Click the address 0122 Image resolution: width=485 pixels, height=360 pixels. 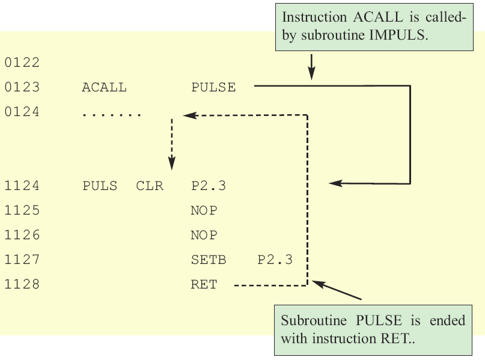pos(22,63)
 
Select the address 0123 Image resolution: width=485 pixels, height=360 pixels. pos(22,88)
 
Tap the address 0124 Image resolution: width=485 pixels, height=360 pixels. pos(22,112)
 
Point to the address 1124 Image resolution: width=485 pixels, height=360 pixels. pos(22,186)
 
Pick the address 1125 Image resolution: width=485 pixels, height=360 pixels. pos(22,211)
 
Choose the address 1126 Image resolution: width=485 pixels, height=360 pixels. pos(22,236)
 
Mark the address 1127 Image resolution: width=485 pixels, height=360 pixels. pos(22,260)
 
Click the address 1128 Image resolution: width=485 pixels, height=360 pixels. pos(22,285)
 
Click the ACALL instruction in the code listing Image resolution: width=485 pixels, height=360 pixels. pos(104,88)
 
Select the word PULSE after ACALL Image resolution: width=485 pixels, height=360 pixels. pos(213,88)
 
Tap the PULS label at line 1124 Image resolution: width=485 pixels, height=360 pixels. pos(100,186)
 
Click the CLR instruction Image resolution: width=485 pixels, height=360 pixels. pos(150,186)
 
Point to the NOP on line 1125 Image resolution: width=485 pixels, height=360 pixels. pos(204,211)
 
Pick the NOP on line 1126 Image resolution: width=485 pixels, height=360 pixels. pos(204,236)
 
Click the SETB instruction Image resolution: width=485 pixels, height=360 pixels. pos(208,260)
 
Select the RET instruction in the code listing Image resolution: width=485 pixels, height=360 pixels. pos(204,285)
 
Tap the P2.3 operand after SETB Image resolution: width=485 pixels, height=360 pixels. pos(275,260)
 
